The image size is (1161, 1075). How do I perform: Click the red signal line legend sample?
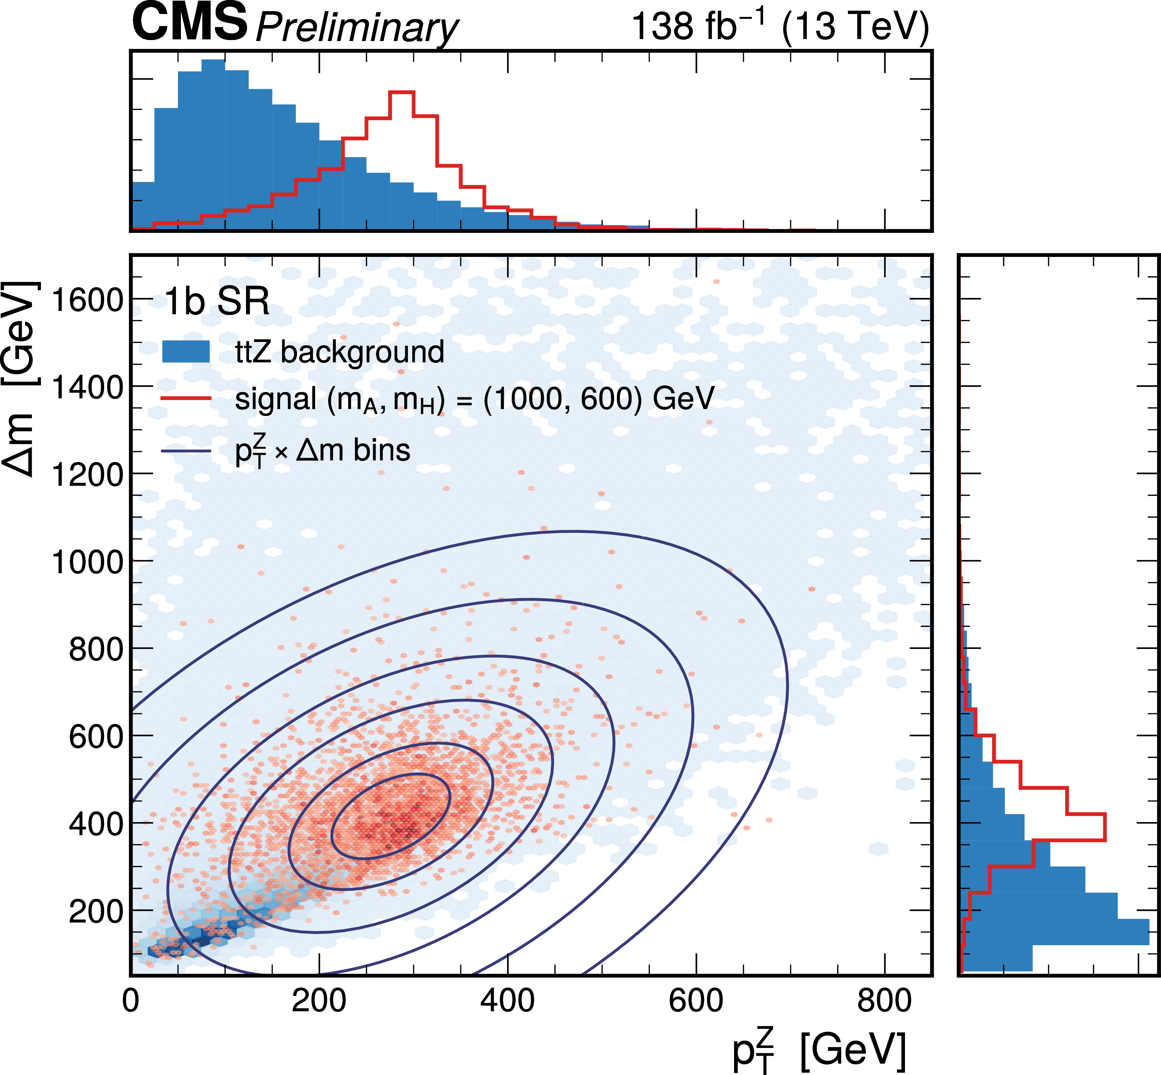coord(186,398)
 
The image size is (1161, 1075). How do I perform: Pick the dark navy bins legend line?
coord(186,451)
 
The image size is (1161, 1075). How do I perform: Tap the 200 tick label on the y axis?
coord(96,912)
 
